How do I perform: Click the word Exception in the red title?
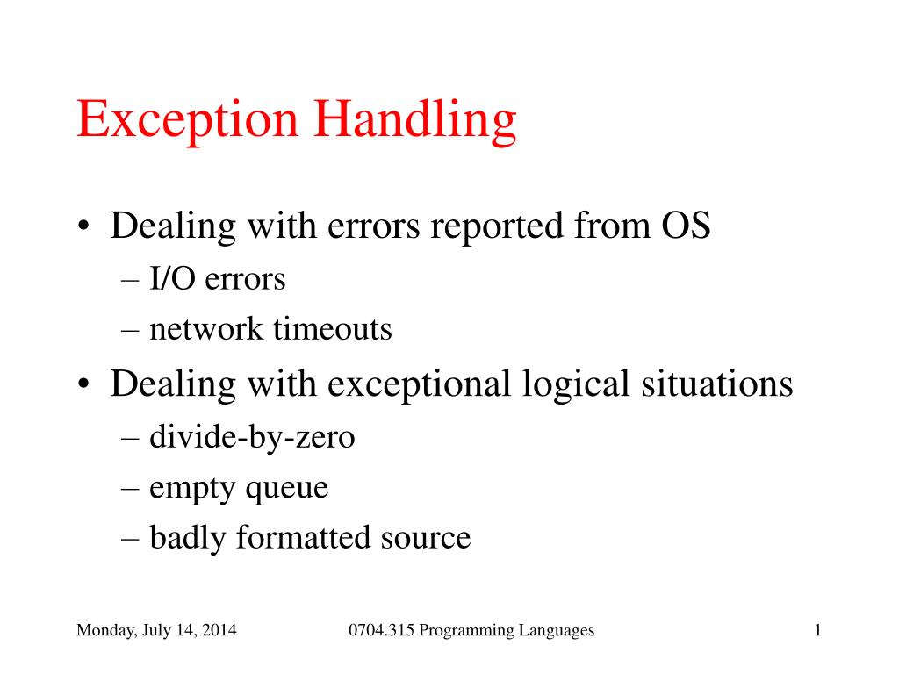[x=187, y=120]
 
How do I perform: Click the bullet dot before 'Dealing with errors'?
[x=83, y=228]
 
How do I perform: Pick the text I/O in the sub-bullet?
[x=173, y=279]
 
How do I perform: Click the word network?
[x=205, y=330]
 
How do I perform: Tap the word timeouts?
[x=332, y=330]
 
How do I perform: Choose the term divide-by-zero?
[x=252, y=436]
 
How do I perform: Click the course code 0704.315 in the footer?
[x=381, y=630]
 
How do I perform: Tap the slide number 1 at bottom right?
[x=817, y=630]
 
